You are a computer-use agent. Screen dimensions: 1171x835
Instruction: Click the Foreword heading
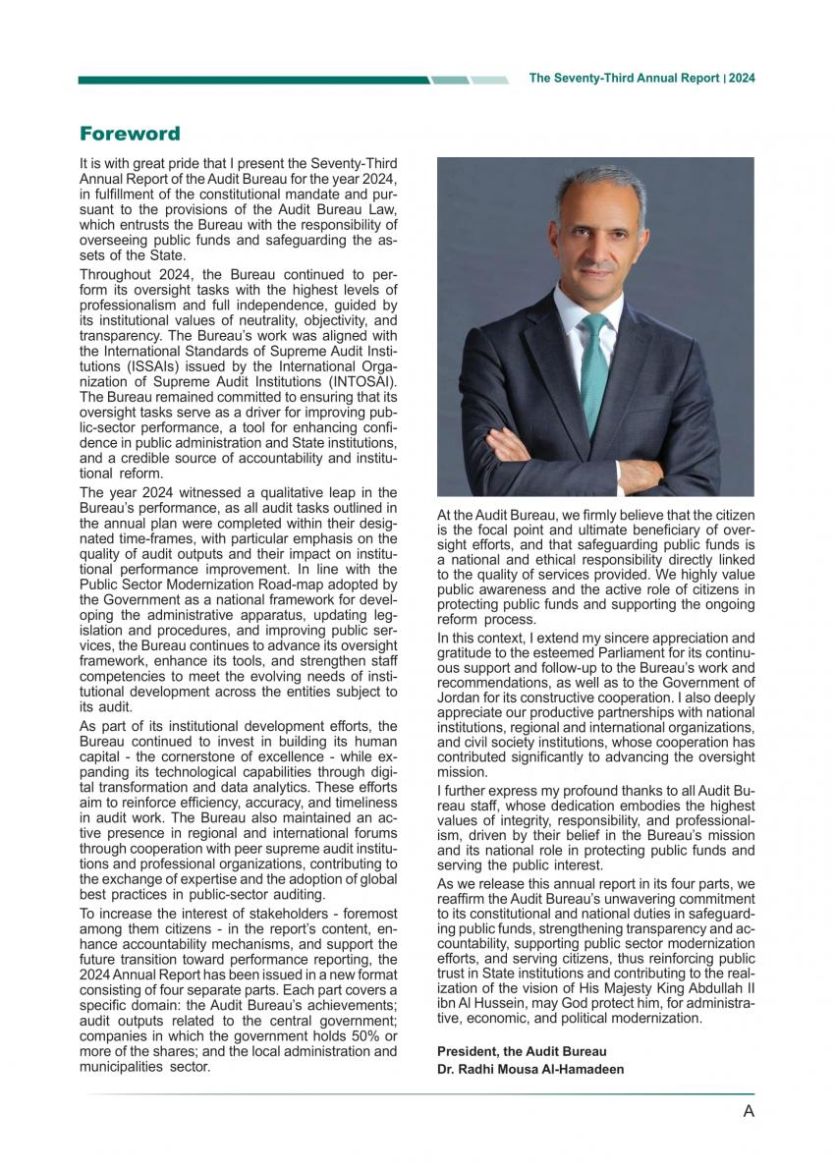click(130, 134)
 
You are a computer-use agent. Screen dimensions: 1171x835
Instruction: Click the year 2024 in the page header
click(742, 79)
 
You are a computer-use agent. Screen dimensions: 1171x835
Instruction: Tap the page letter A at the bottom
click(749, 1111)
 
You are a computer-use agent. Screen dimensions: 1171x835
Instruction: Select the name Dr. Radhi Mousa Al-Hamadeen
click(530, 1069)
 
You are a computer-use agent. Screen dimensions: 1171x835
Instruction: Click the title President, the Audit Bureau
click(522, 1051)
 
